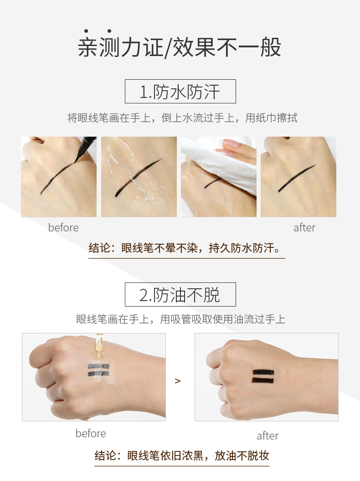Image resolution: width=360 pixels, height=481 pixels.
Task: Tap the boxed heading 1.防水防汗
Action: point(180,92)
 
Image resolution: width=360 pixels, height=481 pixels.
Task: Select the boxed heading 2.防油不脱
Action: point(180,295)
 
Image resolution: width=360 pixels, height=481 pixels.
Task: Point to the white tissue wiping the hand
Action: point(226,166)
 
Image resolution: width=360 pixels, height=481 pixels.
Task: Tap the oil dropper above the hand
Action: point(99,345)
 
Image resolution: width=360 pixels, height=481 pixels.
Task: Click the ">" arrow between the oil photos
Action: point(178,381)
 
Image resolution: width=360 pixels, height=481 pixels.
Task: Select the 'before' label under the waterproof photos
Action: point(63,228)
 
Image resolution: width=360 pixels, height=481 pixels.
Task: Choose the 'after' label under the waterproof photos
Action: point(304,228)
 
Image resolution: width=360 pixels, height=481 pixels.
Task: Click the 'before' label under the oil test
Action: point(91,434)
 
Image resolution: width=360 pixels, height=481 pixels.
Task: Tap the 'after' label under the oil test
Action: point(267,435)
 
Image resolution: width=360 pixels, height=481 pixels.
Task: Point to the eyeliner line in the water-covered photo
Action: point(138,178)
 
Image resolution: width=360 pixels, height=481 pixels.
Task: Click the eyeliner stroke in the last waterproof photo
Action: point(297,179)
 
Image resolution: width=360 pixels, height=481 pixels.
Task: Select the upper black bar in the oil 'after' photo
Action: point(263,372)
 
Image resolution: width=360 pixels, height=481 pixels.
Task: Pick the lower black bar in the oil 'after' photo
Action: point(262,381)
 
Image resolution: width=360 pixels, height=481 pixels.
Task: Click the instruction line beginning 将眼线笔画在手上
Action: point(182,118)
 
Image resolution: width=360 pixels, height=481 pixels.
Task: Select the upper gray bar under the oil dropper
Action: point(99,366)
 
